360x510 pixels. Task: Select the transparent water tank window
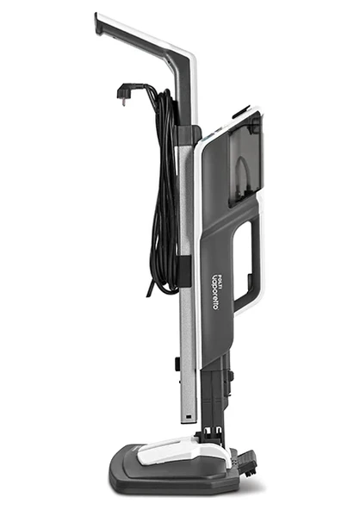tap(245, 159)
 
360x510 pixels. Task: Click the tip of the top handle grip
tap(96, 22)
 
